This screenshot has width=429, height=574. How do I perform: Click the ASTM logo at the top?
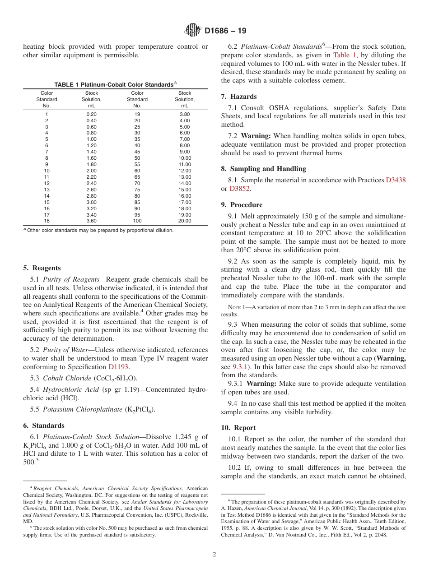point(193,31)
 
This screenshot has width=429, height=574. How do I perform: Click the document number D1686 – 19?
point(225,31)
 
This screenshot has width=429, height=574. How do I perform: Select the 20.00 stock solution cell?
point(185,221)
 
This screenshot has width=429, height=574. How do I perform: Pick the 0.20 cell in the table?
point(91,114)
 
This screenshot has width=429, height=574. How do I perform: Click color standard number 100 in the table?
point(137,221)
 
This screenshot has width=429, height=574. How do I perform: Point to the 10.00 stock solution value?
point(185,158)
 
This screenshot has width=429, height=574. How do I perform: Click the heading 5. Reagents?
point(42,268)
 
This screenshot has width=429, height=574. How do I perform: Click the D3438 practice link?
point(396,180)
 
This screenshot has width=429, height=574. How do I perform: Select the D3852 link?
point(239,189)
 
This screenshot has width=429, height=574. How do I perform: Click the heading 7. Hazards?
point(239,97)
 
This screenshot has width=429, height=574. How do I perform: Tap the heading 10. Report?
point(238,428)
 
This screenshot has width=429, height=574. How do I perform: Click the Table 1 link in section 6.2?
point(345,55)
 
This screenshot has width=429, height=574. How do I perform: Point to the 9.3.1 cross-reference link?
point(239,367)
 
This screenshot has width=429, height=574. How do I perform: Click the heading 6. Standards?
point(44,426)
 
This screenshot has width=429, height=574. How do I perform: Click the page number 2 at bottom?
point(214,555)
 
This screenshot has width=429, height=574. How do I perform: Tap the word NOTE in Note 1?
point(228,307)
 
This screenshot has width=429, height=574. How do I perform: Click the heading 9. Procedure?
point(242,205)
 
